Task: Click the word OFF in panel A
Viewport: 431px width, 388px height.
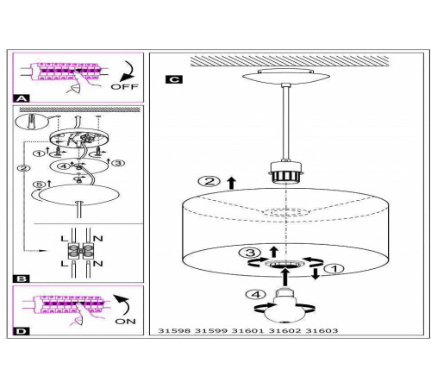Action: [x=124, y=86]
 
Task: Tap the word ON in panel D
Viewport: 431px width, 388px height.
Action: [x=125, y=322]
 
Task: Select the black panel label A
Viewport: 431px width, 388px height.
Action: [x=22, y=98]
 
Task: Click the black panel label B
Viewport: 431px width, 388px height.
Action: [x=22, y=278]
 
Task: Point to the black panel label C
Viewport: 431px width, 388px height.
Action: [x=174, y=79]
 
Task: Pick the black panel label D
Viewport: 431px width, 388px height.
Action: [x=22, y=331]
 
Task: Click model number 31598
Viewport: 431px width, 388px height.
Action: [x=174, y=331]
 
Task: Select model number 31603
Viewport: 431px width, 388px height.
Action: [x=322, y=331]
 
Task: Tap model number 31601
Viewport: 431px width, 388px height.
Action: [x=247, y=331]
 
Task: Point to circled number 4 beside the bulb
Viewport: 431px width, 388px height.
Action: [x=256, y=294]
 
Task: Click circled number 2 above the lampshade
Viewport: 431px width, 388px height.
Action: [x=209, y=181]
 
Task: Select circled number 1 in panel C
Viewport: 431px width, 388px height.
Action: [x=334, y=269]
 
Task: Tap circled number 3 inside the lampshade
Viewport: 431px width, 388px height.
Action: [x=250, y=253]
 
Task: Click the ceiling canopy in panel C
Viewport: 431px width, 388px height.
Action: [x=285, y=76]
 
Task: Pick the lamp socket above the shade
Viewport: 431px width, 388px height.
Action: [x=285, y=172]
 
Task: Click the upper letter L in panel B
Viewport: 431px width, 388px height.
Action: [x=65, y=238]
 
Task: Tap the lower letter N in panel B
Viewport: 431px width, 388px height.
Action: [x=98, y=263]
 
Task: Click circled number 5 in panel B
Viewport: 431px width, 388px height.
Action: [x=39, y=185]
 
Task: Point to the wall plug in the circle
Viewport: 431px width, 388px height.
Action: [x=32, y=122]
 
